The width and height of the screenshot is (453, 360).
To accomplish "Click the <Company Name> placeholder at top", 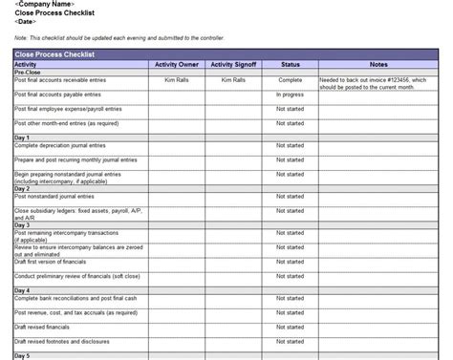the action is tap(45, 5).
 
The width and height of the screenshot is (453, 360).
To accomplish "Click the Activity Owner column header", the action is tap(176, 64).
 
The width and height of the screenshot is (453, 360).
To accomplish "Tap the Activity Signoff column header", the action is tap(233, 64).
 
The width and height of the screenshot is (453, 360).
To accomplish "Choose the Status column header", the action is tap(290, 64).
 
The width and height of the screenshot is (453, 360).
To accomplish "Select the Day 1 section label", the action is tap(22, 138).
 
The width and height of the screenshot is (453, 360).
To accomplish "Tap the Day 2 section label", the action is tap(22, 189).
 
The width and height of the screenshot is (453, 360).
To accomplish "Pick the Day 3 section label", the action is tap(22, 225).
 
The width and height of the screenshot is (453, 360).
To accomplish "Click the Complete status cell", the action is tap(290, 80).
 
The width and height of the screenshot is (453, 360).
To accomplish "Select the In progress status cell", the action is tap(290, 95).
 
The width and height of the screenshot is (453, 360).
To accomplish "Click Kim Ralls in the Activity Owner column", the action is tap(176, 80).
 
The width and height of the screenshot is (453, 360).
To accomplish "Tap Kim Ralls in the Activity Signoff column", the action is tap(233, 80).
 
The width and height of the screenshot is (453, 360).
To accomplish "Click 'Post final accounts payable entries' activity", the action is tap(56, 95).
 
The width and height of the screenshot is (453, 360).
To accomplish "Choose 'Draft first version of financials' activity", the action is tap(53, 262).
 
